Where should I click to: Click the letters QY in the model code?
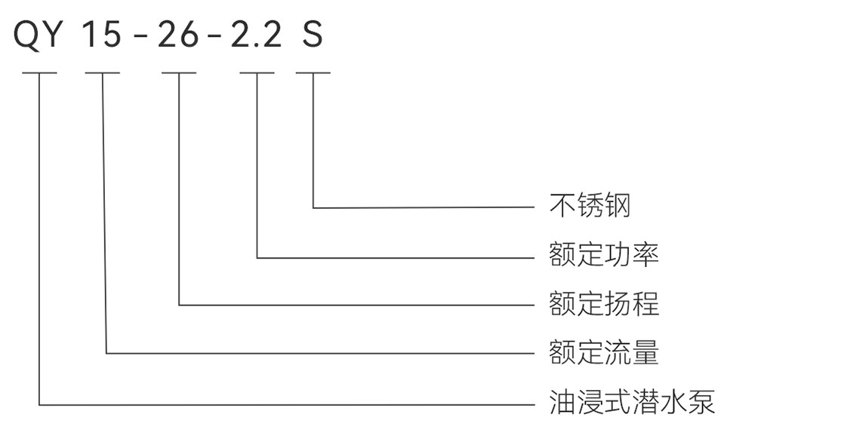click(37, 34)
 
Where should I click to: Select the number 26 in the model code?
click(178, 34)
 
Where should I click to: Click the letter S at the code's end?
click(313, 34)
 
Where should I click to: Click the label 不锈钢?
click(590, 206)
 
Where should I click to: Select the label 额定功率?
click(605, 255)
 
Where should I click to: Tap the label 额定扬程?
click(605, 303)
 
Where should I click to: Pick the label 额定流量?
click(605, 352)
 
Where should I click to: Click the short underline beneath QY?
click(39, 73)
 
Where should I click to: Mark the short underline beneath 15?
click(102, 73)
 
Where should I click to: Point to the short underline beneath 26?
click(179, 73)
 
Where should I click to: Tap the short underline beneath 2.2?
click(257, 73)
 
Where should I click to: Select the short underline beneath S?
click(313, 73)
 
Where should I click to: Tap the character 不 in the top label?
click(562, 206)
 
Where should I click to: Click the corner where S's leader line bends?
click(313, 207)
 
